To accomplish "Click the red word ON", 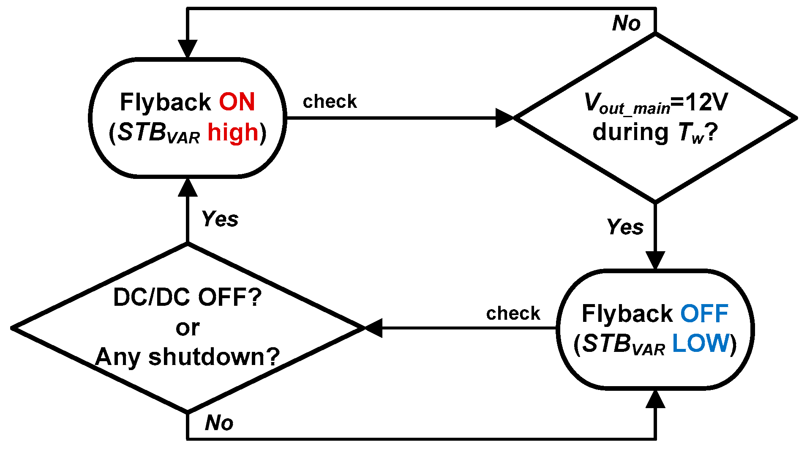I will pos(237,102).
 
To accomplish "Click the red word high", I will pos(233,132).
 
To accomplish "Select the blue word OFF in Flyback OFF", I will pos(704,313).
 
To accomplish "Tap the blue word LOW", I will pos(701,343).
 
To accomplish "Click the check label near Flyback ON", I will pos(330,102).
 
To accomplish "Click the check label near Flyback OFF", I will pos(513,313).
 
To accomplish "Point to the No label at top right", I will pos(627,23).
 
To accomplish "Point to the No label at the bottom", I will pos(219,423).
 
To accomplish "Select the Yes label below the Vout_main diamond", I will pos(625,227).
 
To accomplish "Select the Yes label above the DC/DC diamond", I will pos(220,219).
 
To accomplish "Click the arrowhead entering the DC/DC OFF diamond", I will pos(374,328).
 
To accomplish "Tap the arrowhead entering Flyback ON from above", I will pos(188,48).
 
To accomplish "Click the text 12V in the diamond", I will pos(706,102).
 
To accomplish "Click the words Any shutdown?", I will pos(187,357).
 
